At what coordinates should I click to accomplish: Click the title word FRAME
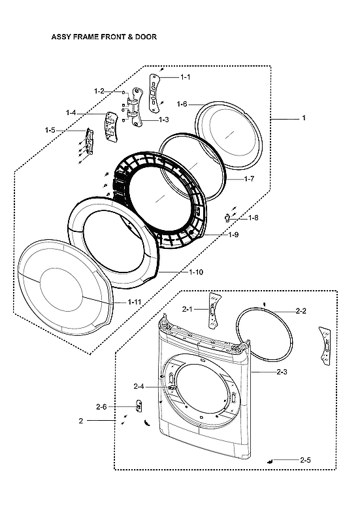[x=93, y=37]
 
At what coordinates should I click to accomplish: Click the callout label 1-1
[x=185, y=77]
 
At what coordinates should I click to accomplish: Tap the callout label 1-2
[x=99, y=91]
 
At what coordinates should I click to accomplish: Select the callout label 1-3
[x=163, y=120]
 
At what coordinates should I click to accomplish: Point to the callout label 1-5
[x=50, y=131]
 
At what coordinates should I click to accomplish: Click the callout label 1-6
[x=182, y=104]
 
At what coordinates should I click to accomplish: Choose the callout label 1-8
[x=253, y=218]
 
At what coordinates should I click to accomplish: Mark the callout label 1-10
[x=196, y=272]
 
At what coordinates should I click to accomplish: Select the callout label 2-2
[x=301, y=311]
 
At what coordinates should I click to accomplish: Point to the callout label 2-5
[x=305, y=460]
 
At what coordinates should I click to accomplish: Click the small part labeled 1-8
[x=227, y=217]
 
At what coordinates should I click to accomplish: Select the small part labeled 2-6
[x=139, y=406]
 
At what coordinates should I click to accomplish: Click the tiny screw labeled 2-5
[x=270, y=461]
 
